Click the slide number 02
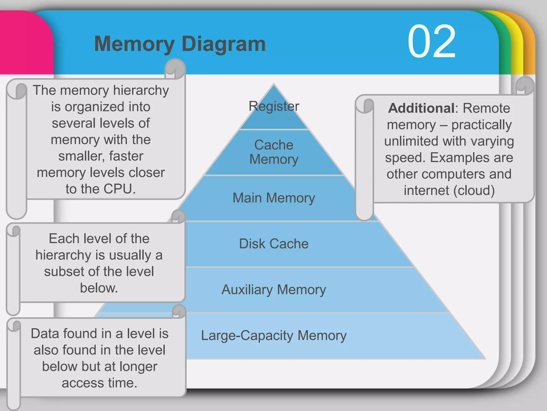431,41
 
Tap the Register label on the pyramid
274,106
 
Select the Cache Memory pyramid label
274,152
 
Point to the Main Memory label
274,198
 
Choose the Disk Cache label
274,244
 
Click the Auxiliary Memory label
274,290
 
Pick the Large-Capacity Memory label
274,335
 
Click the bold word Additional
421,108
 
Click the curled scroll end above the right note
524,86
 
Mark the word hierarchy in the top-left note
141,90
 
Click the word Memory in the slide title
134,44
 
